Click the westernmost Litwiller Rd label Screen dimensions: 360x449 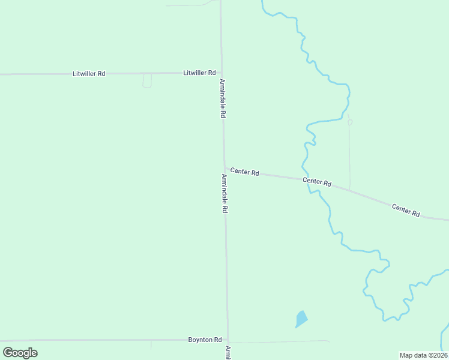point(89,74)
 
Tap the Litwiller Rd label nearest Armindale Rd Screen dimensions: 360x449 point(199,73)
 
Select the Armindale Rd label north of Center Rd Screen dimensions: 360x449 point(222,98)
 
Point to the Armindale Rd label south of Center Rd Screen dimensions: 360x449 point(224,194)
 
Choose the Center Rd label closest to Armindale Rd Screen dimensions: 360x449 point(244,172)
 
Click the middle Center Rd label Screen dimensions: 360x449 point(317,181)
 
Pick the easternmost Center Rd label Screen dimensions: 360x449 point(406,210)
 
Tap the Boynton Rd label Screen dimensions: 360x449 point(205,340)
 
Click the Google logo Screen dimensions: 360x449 point(20,353)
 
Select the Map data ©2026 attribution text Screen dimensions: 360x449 point(423,355)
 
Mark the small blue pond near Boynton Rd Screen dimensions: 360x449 point(301,319)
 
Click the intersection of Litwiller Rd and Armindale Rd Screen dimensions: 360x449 point(221,73)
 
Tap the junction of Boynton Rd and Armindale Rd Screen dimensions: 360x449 point(228,340)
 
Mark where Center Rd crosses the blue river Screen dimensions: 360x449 point(309,179)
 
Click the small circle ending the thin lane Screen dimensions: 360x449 point(350,122)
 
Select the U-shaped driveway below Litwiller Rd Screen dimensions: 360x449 point(147,82)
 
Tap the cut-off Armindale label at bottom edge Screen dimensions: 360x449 point(228,353)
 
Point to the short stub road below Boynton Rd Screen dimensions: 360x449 point(151,345)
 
